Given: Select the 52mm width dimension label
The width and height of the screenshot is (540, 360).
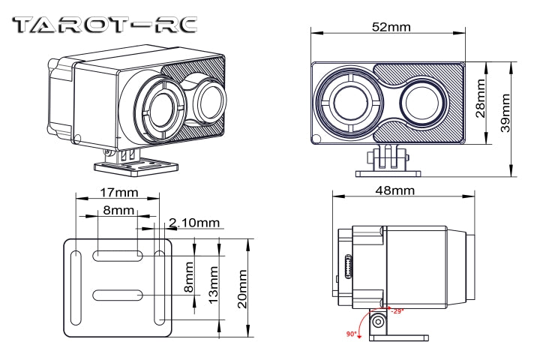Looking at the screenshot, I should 391,27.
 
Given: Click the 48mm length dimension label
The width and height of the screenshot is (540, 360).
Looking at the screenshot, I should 394,190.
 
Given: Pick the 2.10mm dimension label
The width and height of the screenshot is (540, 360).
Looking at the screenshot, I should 194,223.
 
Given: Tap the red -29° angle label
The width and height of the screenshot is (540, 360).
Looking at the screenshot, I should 397,310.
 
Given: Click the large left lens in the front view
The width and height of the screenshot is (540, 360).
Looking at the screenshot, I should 350,101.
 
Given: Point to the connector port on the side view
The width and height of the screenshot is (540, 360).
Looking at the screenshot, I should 348,268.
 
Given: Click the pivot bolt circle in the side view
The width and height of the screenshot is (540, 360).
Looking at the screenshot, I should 379,322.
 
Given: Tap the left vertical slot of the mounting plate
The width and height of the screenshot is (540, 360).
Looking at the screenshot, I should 76,288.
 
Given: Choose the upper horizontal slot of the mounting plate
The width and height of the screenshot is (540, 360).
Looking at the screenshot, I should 118,256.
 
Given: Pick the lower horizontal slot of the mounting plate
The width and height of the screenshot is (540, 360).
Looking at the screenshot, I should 118,294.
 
